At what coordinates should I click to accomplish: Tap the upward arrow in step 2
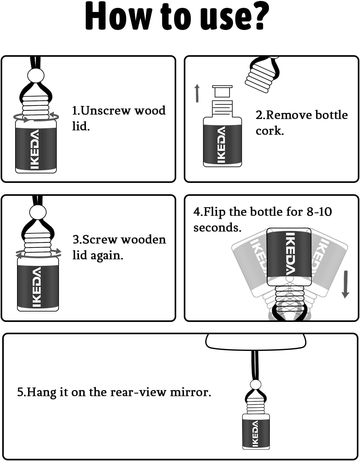click(x=197, y=93)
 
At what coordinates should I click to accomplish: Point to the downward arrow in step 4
click(x=345, y=284)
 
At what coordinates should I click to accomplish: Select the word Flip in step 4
click(x=214, y=212)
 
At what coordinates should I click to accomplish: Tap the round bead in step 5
click(x=256, y=385)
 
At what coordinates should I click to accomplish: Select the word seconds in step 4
click(x=217, y=228)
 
